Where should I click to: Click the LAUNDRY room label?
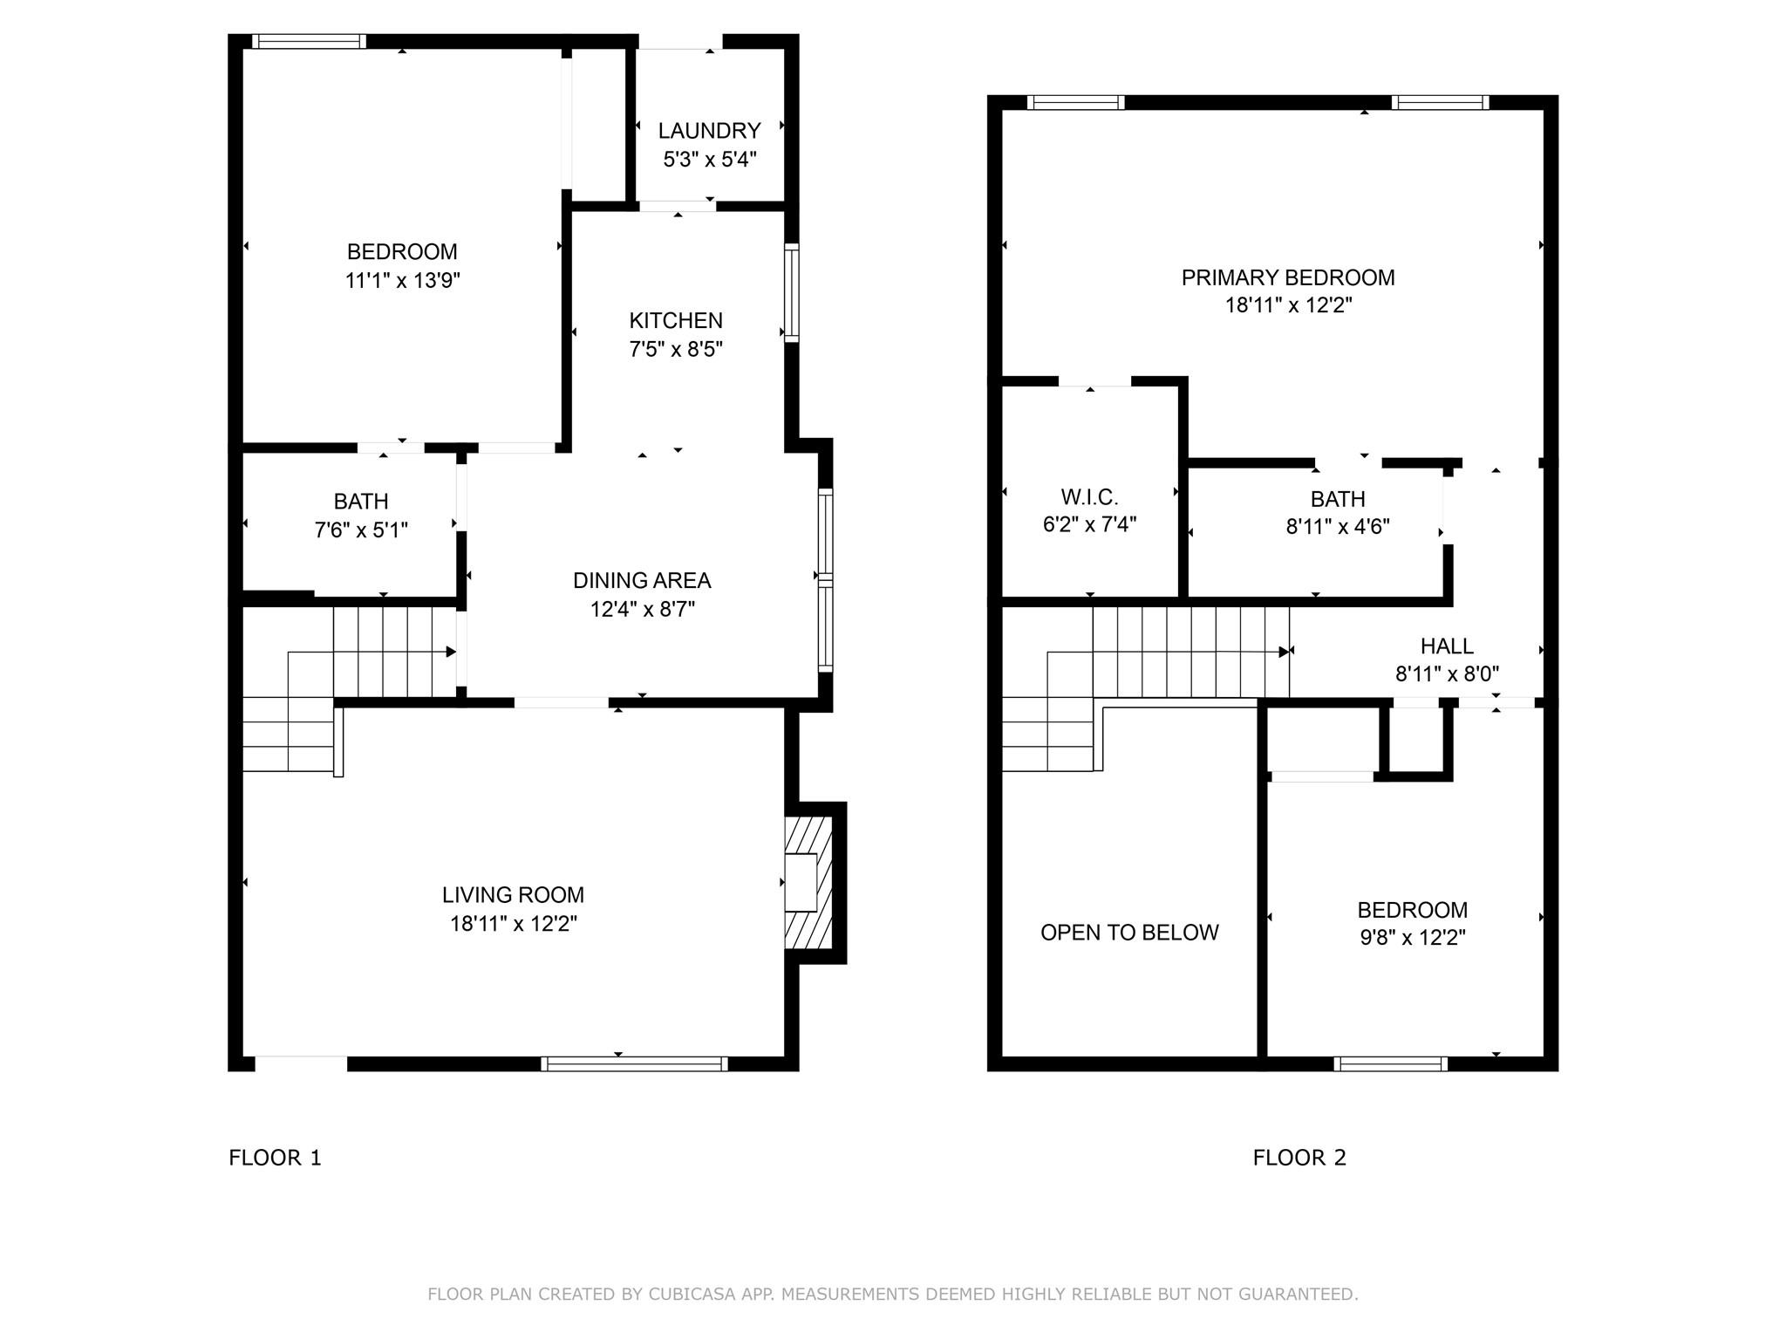coord(709,131)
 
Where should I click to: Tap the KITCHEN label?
coord(676,321)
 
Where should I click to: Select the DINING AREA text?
coord(642,581)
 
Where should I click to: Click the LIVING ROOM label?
coord(513,895)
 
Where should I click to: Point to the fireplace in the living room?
coord(809,883)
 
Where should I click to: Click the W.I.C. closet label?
coord(1089,497)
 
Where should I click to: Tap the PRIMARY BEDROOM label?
coord(1288,277)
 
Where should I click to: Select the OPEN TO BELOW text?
coord(1129,933)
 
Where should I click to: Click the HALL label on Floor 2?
coord(1447,646)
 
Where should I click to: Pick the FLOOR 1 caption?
coord(275,1158)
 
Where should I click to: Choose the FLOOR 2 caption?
coord(1299,1158)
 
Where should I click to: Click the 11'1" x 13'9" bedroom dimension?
coord(402,281)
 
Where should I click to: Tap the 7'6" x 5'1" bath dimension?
coord(361,530)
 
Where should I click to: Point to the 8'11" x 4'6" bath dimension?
coord(1338,527)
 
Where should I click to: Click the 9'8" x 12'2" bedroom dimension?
coord(1412,939)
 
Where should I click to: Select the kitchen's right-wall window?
coord(792,292)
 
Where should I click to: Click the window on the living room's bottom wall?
coord(634,1063)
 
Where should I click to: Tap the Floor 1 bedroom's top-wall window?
coord(309,41)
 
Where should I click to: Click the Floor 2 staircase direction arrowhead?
coord(1285,652)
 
